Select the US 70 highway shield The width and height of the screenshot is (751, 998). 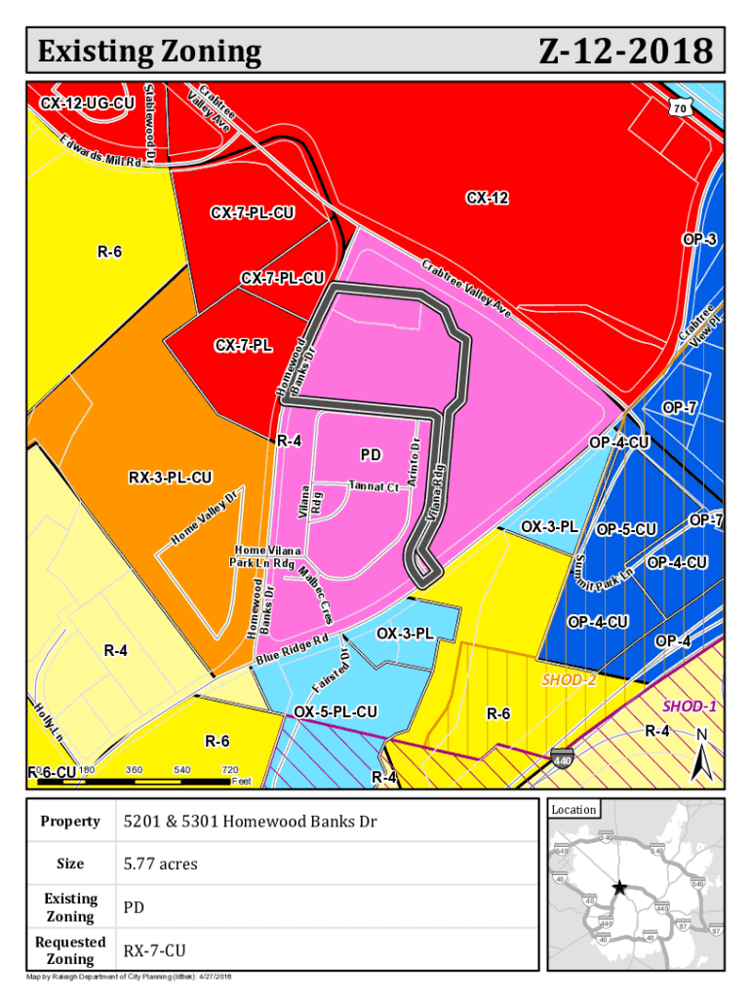coord(680,108)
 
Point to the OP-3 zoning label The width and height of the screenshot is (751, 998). coord(698,240)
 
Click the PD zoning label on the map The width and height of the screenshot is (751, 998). coord(371,455)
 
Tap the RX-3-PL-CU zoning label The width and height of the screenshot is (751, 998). coord(171,478)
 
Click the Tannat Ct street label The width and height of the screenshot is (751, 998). coord(375,486)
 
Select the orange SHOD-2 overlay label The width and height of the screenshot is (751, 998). coord(568,678)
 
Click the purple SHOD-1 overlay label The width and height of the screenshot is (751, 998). coord(690,706)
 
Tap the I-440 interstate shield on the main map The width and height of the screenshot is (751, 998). coord(562,757)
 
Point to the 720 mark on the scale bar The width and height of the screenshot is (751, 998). coord(230,770)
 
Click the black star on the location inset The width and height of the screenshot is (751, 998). coord(618,888)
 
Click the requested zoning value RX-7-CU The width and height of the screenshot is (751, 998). coord(155,950)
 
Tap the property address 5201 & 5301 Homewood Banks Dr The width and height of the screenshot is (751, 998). coord(250,821)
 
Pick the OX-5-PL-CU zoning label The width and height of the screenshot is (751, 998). coord(336,712)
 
